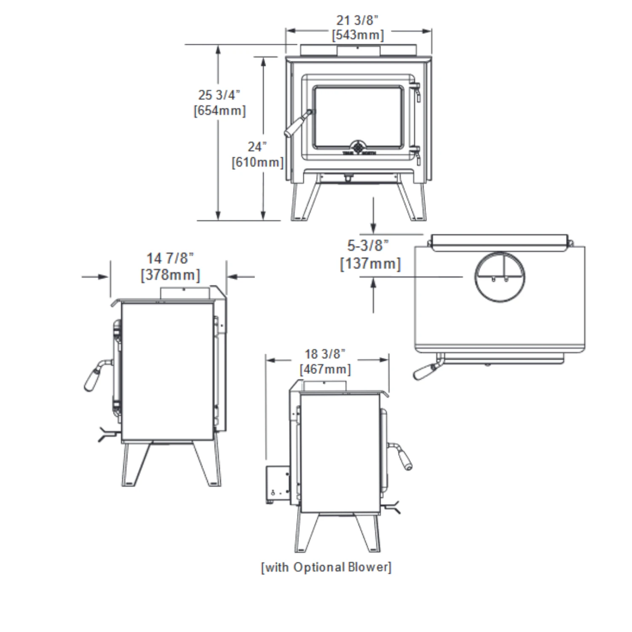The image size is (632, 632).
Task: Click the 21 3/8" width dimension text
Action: [357, 20]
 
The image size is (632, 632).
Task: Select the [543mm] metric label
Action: [358, 35]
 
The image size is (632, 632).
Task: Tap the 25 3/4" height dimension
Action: [219, 95]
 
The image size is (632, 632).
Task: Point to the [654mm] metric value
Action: [220, 111]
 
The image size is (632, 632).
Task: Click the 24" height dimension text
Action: [257, 147]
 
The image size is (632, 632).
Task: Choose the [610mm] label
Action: [257, 162]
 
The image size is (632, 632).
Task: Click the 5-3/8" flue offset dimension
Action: [367, 245]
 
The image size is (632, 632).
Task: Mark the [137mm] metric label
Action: [370, 264]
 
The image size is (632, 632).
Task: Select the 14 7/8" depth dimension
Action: [170, 258]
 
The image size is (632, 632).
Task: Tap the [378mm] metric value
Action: [170, 275]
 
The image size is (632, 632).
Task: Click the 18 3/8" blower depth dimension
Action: [325, 354]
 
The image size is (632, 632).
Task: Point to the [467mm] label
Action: [325, 370]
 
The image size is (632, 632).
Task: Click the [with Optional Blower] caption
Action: [326, 567]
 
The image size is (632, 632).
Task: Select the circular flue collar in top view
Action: [500, 277]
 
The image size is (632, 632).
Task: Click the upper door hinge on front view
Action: [415, 89]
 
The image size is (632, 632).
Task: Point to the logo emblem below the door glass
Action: [358, 147]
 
